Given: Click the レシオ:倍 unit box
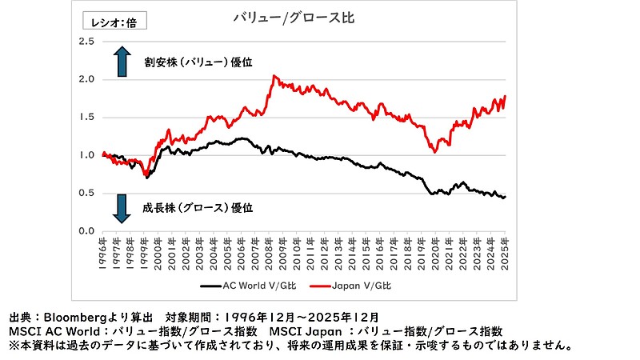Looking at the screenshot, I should [115, 22].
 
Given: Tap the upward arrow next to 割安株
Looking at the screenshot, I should [122, 61].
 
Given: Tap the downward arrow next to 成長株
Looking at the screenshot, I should [122, 207].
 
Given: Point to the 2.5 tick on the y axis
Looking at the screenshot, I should [86, 42].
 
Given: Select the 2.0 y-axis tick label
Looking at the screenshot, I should [86, 79].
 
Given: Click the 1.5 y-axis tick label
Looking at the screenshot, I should [86, 117].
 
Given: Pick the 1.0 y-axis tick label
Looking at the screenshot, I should [86, 155].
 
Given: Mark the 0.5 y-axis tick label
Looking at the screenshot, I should [86, 193].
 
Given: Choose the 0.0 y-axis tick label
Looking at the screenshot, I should [86, 230].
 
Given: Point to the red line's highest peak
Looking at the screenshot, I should [274, 76].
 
